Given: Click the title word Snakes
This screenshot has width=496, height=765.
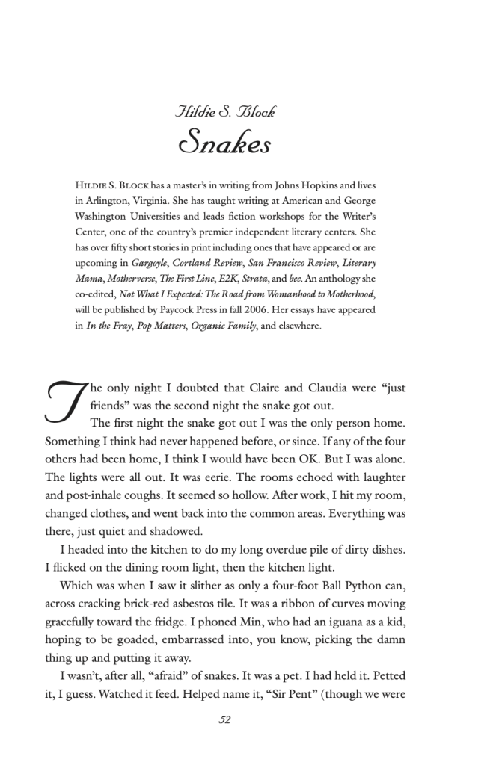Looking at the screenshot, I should (225, 143).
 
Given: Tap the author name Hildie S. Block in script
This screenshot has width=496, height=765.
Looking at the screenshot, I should (225, 112).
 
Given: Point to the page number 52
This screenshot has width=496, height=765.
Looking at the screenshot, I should (225, 720).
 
